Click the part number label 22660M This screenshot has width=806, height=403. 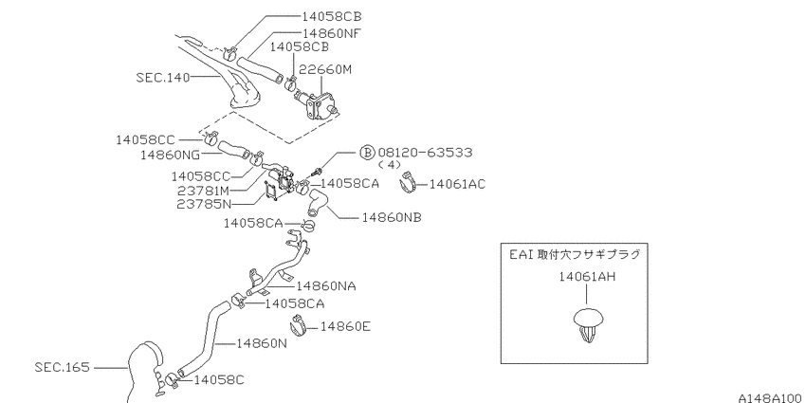pos(326,69)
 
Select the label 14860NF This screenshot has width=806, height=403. pos(332,33)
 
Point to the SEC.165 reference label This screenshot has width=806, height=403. pos(63,367)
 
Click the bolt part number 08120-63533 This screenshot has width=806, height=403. pos(425,153)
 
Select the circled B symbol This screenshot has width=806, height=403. pos(367,153)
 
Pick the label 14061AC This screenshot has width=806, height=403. pos(457,184)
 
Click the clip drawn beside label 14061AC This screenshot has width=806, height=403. pos(410,182)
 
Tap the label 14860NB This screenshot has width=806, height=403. pos(392,217)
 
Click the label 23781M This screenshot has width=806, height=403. pos(204,191)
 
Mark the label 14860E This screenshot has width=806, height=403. pos(345,326)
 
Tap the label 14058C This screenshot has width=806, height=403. pos(219,380)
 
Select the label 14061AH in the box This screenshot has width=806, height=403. pos(587,277)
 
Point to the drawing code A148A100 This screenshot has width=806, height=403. pos(772,398)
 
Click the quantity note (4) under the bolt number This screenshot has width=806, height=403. pos(389,165)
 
